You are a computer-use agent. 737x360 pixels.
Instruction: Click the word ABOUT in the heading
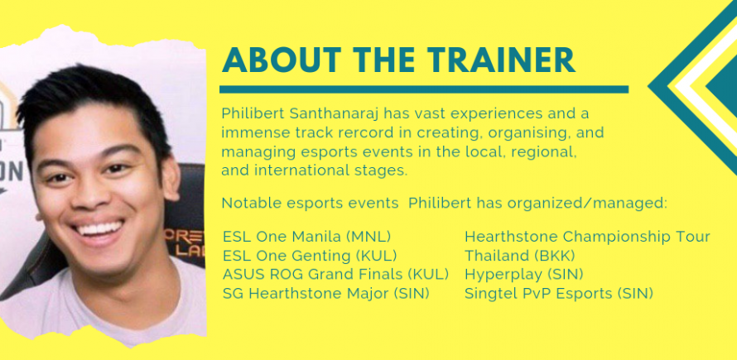pyautogui.click(x=281, y=60)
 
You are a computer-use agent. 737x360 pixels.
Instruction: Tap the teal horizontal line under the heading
pyautogui.click(x=424, y=89)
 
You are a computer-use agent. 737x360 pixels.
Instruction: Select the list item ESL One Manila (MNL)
pyautogui.click(x=307, y=237)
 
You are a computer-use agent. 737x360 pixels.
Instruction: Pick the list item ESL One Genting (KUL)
pyautogui.click(x=310, y=256)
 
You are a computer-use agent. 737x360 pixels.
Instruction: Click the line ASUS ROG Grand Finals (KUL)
pyautogui.click(x=335, y=275)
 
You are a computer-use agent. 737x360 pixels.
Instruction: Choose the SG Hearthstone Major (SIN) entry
pyautogui.click(x=326, y=294)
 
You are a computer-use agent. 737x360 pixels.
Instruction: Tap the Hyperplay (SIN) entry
pyautogui.click(x=524, y=275)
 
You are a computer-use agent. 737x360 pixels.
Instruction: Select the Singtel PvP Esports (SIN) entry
pyautogui.click(x=559, y=294)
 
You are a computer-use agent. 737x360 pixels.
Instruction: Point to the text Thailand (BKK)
pyautogui.click(x=520, y=256)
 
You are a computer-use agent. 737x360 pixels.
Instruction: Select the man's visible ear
pyautogui.click(x=170, y=178)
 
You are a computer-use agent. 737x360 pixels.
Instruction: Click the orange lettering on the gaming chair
pyautogui.click(x=184, y=242)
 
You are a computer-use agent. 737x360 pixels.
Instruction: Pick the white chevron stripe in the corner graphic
pyautogui.click(x=700, y=87)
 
